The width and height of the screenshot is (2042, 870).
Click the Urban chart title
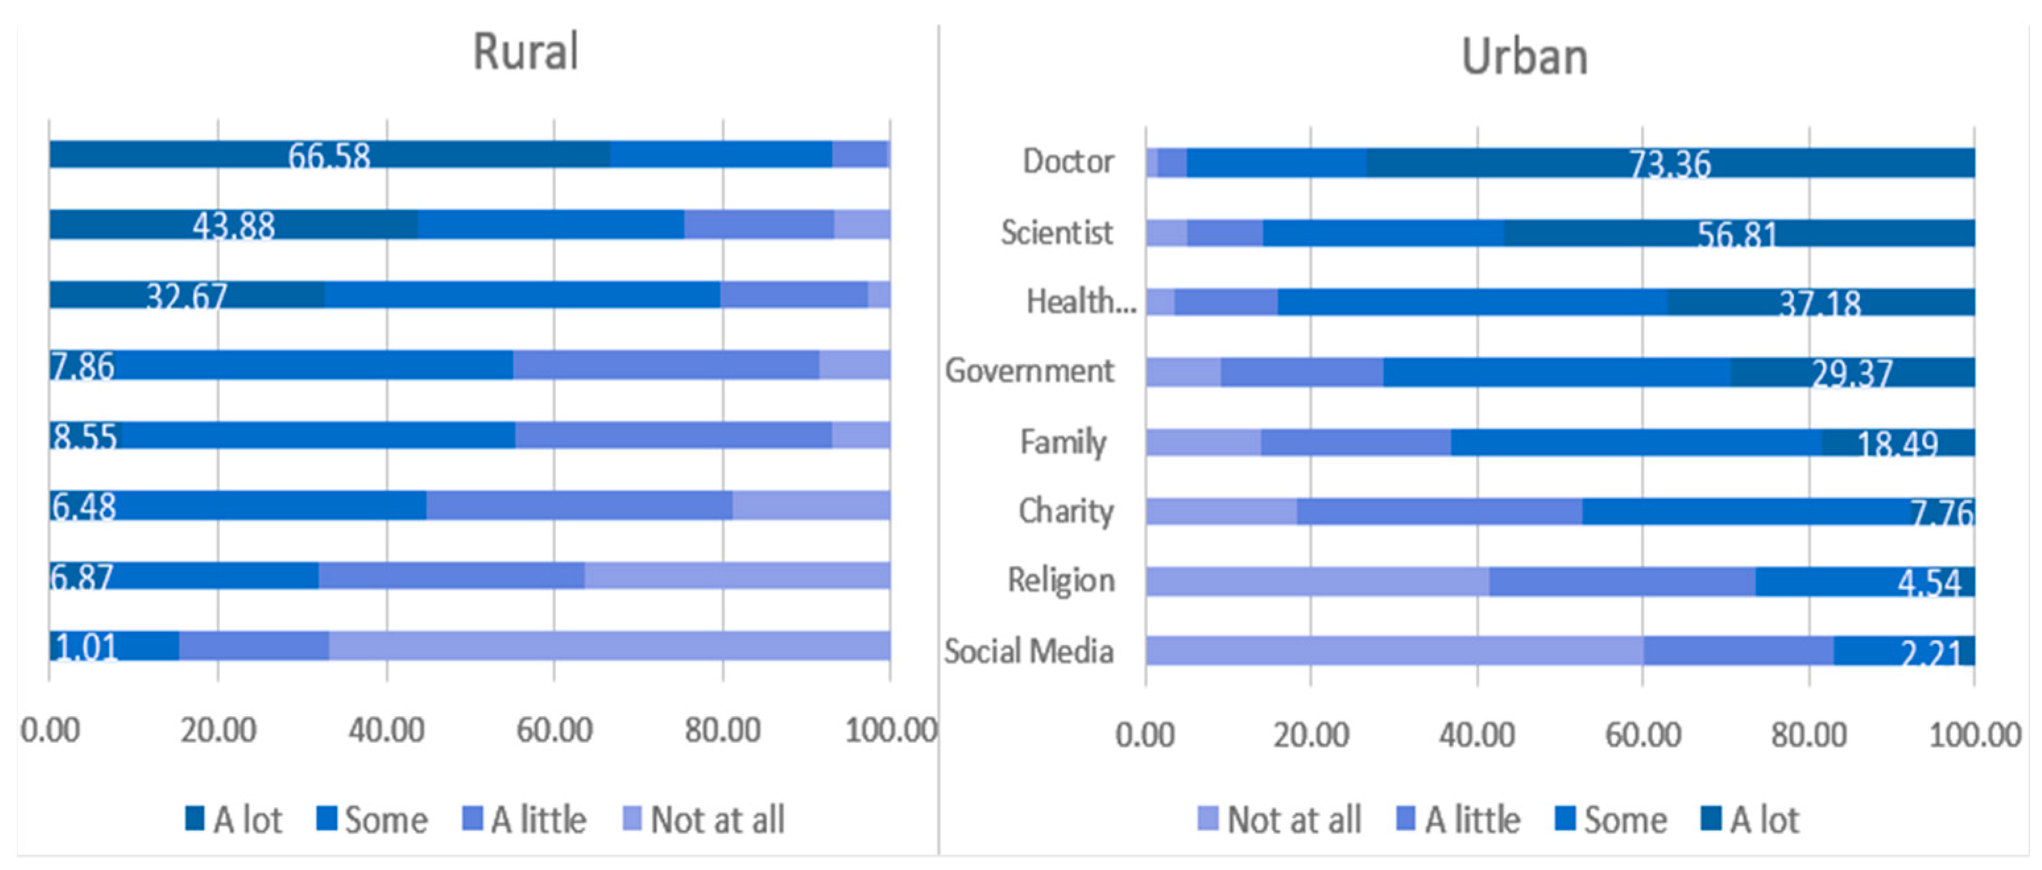tap(1523, 58)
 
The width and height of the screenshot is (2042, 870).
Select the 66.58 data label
tap(329, 156)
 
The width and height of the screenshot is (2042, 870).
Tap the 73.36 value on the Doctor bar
tap(1670, 164)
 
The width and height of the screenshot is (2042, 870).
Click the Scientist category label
tap(1057, 233)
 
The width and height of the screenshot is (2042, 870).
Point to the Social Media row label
tap(1029, 651)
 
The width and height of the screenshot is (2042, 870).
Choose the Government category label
tap(1029, 371)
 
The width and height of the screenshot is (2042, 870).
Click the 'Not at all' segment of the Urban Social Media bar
tap(1393, 651)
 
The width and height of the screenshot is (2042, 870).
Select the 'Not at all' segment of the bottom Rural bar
tap(609, 645)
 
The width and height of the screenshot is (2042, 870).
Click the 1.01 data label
tap(86, 647)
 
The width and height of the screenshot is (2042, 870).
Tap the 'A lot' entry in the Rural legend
tap(234, 819)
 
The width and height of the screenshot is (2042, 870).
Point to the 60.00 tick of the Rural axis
tap(554, 730)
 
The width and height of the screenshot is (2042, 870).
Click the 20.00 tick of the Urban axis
tap(1311, 734)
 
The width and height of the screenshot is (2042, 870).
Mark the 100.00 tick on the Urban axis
tap(1974, 734)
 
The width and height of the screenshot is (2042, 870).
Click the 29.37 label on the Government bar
tap(1852, 373)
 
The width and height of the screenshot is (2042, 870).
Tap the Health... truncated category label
tap(1080, 302)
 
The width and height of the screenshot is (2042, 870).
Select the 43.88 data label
tap(234, 227)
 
